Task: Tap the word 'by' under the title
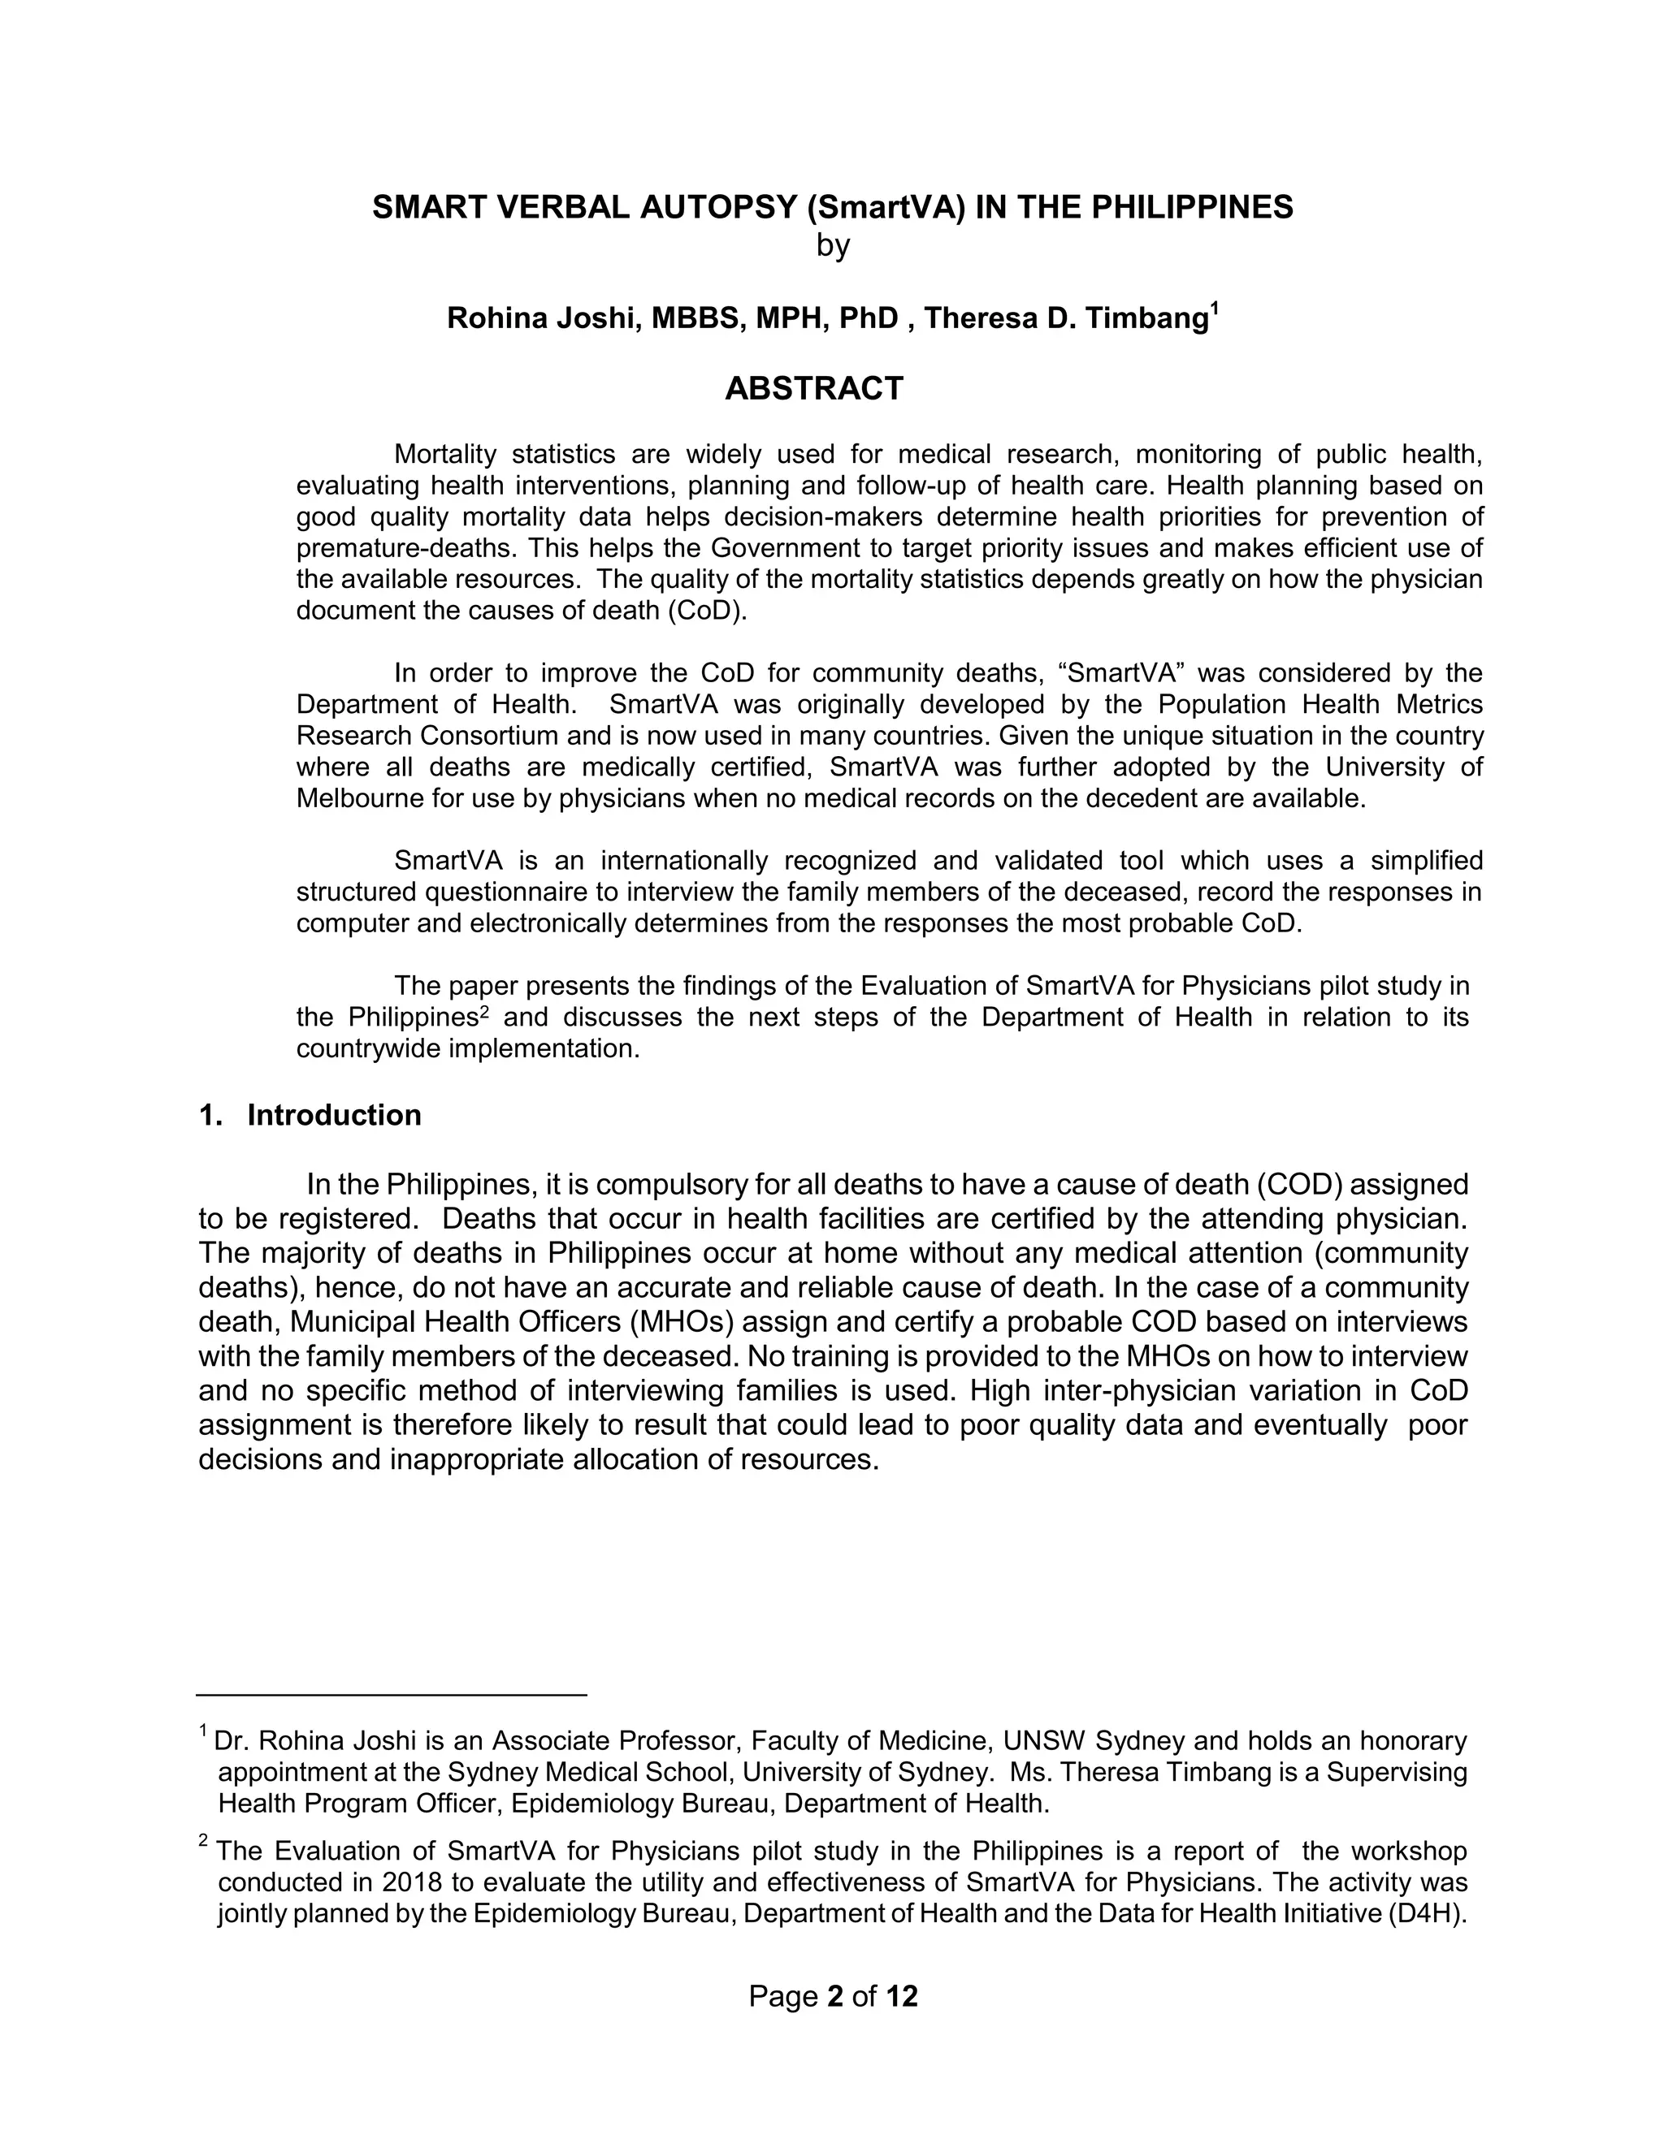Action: tap(832, 245)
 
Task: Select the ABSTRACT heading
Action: tap(813, 389)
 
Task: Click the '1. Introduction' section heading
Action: tap(310, 1116)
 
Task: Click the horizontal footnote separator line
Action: tap(392, 1695)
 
